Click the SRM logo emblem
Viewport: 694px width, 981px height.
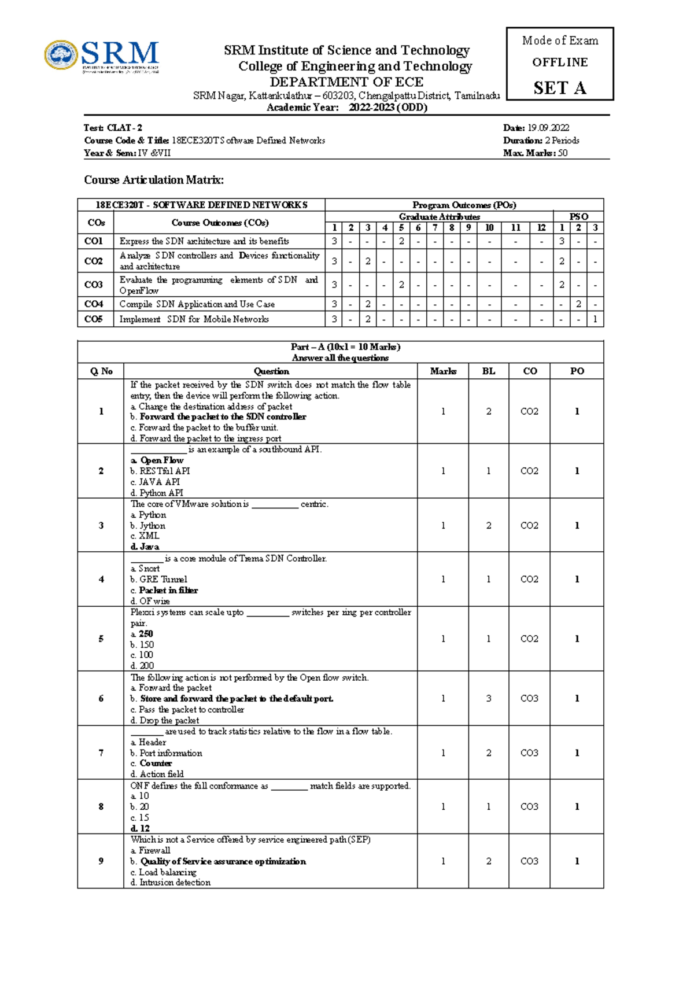(61, 56)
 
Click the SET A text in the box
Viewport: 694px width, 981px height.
(559, 88)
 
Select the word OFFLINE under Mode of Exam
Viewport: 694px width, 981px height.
(559, 62)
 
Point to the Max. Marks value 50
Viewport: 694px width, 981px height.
(562, 153)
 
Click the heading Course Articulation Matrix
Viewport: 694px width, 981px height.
(154, 180)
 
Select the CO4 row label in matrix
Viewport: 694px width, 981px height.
(94, 304)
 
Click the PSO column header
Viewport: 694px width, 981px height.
(578, 216)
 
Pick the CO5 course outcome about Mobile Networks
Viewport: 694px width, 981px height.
(194, 319)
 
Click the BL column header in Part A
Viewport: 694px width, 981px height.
(489, 371)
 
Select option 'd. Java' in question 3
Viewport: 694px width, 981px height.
(145, 546)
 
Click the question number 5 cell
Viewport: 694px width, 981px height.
(101, 639)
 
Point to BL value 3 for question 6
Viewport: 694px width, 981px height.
(489, 698)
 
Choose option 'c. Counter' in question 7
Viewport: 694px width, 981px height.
(151, 763)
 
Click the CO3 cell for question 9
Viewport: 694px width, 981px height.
(529, 861)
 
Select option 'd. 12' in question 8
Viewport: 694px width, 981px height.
(140, 828)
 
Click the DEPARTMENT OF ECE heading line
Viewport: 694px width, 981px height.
(346, 82)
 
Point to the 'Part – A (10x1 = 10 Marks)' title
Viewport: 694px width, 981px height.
(345, 346)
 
